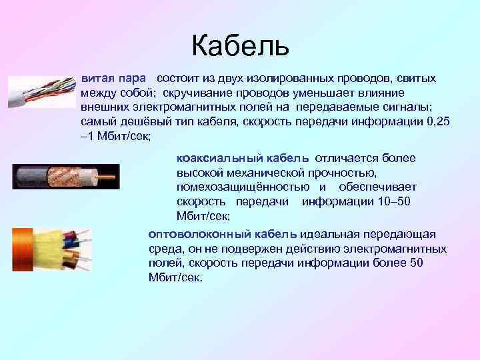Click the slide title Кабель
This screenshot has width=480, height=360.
coord(240,45)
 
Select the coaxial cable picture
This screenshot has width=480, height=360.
coord(65,176)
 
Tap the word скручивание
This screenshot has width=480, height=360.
coord(214,93)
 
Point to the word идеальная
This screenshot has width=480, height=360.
coord(329,234)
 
